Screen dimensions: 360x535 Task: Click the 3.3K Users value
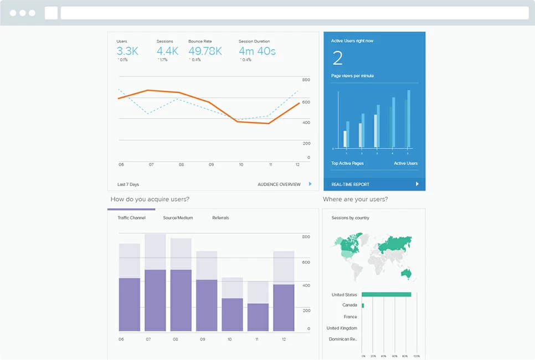pyautogui.click(x=127, y=52)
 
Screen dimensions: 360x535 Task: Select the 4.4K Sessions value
pyautogui.click(x=167, y=52)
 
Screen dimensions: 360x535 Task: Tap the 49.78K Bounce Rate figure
pyautogui.click(x=205, y=52)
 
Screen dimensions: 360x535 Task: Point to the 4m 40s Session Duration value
pyautogui.click(x=257, y=52)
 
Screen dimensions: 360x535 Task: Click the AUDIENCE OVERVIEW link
pyautogui.click(x=279, y=184)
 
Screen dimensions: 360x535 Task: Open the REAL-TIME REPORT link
pyautogui.click(x=350, y=184)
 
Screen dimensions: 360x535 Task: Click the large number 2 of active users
pyautogui.click(x=337, y=58)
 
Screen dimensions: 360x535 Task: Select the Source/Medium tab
pyautogui.click(x=178, y=218)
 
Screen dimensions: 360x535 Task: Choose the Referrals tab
pyautogui.click(x=220, y=218)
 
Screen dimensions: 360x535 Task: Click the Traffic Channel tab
pyautogui.click(x=131, y=218)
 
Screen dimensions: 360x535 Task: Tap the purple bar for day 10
pyautogui.click(x=232, y=315)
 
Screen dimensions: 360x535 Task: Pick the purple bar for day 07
pyautogui.click(x=155, y=300)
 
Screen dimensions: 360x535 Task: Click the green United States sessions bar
pyautogui.click(x=386, y=295)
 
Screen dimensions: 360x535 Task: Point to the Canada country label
pyautogui.click(x=349, y=305)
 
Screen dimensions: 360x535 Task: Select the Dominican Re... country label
pyautogui.click(x=343, y=339)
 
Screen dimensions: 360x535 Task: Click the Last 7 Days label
pyautogui.click(x=128, y=184)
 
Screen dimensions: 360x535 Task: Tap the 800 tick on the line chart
pyautogui.click(x=306, y=80)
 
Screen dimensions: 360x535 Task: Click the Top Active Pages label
pyautogui.click(x=347, y=163)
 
